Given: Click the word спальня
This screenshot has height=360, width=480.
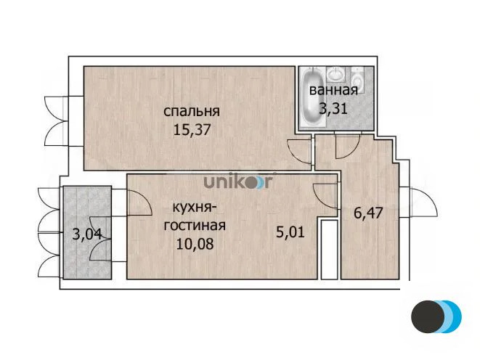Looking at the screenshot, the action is (x=192, y=111).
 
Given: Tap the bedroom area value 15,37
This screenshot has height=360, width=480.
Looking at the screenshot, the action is (x=192, y=130).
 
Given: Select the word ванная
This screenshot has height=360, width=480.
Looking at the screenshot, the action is (x=333, y=91).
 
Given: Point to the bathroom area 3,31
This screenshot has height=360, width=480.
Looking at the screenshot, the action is (x=333, y=108).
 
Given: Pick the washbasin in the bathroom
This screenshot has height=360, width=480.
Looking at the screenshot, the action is (x=336, y=74).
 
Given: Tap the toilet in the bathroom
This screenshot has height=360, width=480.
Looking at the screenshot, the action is (x=357, y=79).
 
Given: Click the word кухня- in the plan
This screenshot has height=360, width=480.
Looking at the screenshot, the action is (x=195, y=208).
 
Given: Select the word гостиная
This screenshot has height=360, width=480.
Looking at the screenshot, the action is (x=195, y=226).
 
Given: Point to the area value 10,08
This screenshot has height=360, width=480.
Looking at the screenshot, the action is (x=195, y=244).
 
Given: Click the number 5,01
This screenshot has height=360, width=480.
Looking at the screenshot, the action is (x=290, y=232).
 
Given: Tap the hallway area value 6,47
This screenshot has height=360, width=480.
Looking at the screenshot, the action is (x=368, y=213).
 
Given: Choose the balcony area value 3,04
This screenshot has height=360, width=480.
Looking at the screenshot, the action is (x=87, y=234).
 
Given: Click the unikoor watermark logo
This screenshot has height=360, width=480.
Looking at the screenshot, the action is (x=238, y=181).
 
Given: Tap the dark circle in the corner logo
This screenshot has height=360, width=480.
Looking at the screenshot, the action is (x=428, y=316).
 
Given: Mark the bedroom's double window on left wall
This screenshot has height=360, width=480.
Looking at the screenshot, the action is (x=55, y=120).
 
